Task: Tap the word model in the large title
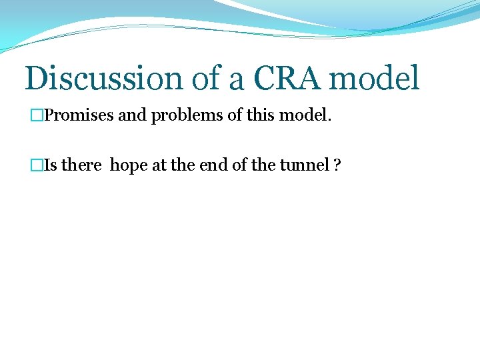[375, 78]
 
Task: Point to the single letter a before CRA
[236, 80]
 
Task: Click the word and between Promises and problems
[133, 116]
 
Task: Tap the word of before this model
[235, 116]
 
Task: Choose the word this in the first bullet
[261, 116]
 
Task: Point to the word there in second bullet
[81, 165]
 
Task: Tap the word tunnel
[308, 165]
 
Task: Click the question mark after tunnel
[337, 165]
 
